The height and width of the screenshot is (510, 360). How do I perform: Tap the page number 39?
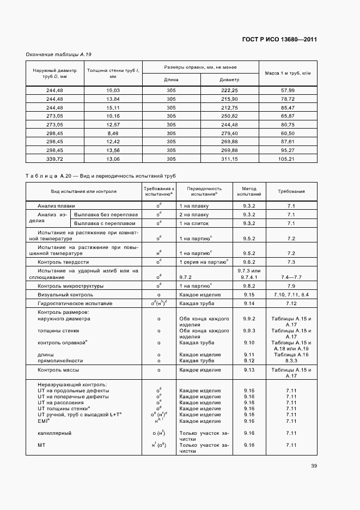[x=314, y=465]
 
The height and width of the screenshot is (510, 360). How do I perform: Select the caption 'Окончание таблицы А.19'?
[x=59, y=55]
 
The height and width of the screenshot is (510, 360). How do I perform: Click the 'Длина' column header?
[x=171, y=80]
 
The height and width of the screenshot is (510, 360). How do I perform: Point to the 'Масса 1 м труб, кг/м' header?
[x=288, y=73]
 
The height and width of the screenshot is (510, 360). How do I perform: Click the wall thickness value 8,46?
[x=113, y=133]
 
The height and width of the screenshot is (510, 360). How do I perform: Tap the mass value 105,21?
[x=288, y=159]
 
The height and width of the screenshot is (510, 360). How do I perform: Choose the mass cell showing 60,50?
[x=288, y=133]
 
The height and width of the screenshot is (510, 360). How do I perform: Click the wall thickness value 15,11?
[x=113, y=107]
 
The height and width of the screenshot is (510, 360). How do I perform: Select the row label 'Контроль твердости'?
[x=63, y=262]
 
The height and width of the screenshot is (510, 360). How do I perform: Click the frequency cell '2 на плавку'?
[x=194, y=215]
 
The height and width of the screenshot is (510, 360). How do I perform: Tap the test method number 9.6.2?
[x=249, y=262]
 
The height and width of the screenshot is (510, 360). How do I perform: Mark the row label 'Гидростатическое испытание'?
[x=75, y=303]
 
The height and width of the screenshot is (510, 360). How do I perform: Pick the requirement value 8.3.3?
[x=291, y=360]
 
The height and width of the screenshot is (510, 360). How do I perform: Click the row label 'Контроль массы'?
[x=59, y=370]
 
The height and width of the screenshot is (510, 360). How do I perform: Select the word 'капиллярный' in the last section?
[x=54, y=433]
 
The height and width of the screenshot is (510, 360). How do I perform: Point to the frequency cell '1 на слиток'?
[x=194, y=223]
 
